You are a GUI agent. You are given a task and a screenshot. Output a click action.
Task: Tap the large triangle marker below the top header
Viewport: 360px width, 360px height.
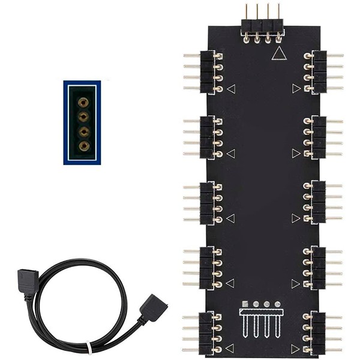278,54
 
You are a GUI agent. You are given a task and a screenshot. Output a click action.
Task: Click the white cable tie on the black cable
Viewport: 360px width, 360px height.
89,347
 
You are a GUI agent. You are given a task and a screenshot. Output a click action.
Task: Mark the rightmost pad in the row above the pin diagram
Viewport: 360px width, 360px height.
278,304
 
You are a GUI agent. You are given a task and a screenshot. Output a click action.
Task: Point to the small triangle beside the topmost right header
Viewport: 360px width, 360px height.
296,88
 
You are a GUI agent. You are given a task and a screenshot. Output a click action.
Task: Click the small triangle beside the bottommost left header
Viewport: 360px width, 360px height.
231,348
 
